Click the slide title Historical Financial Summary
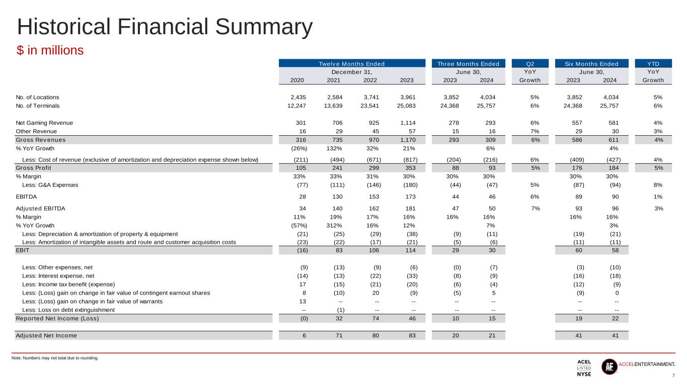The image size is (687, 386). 165,28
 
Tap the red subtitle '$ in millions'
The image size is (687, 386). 50,51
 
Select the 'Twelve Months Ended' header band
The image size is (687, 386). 352,64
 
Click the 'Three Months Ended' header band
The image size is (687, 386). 468,64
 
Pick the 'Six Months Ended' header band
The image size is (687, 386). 592,64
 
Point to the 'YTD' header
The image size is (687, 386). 653,64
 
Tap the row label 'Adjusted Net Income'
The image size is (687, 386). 46,336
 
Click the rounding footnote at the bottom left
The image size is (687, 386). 55,358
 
